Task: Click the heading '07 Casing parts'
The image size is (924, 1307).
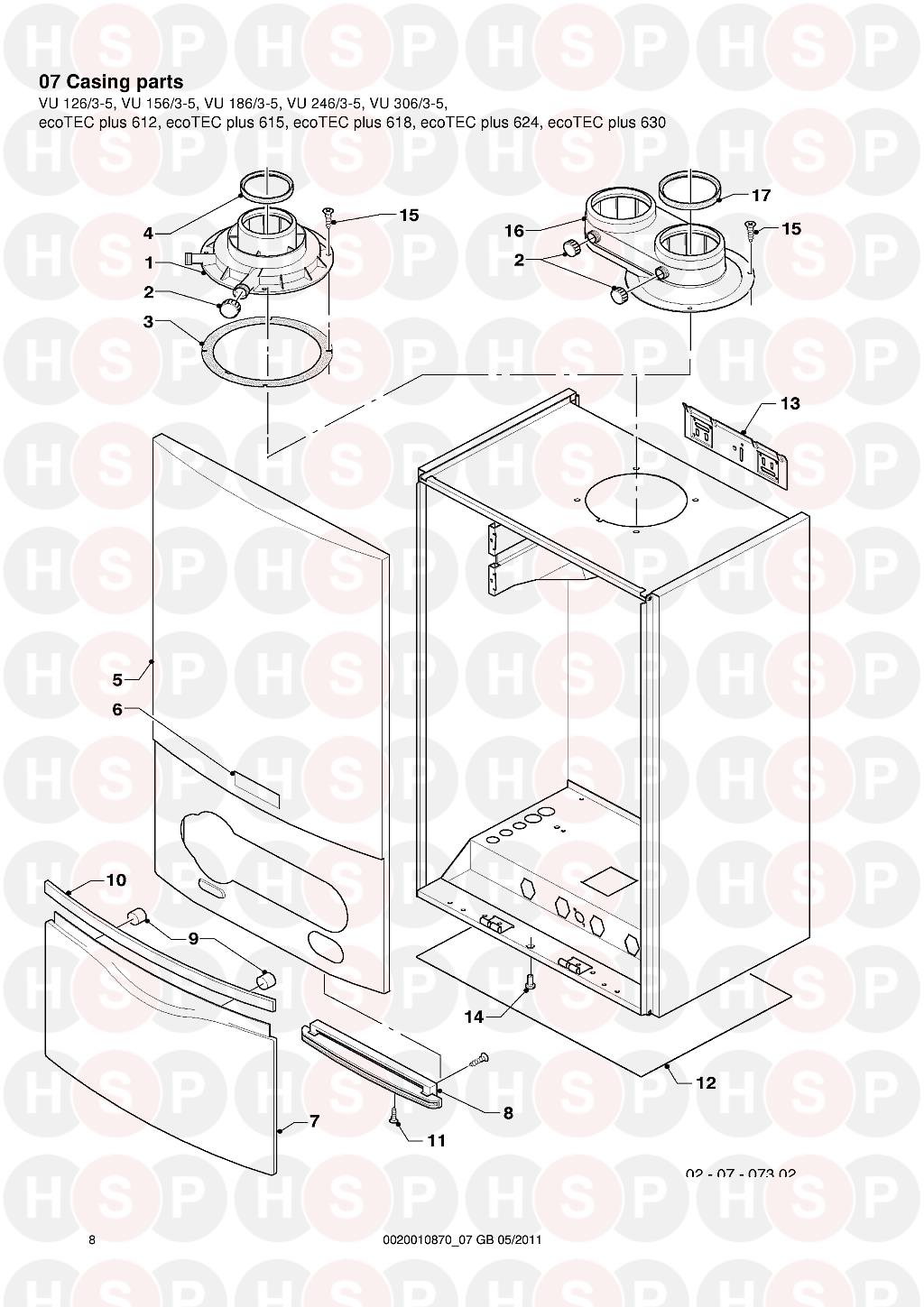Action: [111, 82]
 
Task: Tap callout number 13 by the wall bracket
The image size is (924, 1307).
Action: [790, 404]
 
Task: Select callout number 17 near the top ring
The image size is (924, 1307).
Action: [762, 195]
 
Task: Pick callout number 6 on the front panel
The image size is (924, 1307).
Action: [118, 710]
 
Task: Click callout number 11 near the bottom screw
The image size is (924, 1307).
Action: [437, 1156]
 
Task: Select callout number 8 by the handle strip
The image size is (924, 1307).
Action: [508, 1113]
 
